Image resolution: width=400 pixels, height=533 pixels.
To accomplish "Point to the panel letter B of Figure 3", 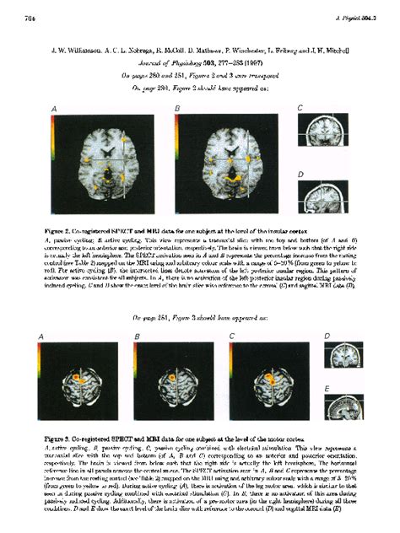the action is [x=136, y=337].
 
